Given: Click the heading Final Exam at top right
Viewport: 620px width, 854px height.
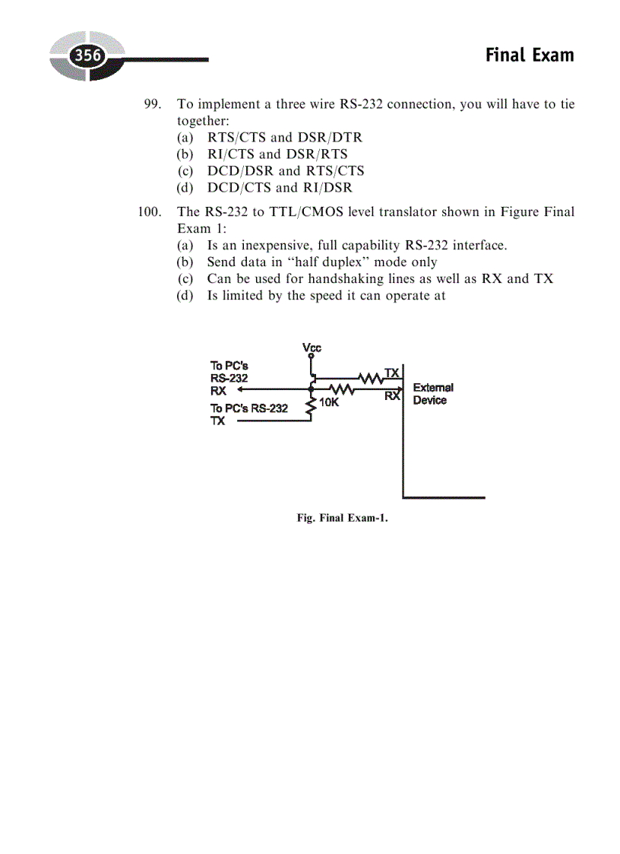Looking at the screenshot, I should coord(529,56).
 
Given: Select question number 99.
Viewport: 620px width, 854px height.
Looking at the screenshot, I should coord(152,104).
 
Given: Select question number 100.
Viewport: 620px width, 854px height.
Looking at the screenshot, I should coord(149,211).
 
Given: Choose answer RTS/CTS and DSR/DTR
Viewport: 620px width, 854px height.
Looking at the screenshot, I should coord(284,138).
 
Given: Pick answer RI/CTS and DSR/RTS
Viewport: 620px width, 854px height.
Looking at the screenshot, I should coord(277,154).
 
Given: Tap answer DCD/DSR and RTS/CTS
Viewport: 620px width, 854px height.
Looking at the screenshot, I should coord(285,171).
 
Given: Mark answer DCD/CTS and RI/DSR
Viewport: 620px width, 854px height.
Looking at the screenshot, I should coord(279,188).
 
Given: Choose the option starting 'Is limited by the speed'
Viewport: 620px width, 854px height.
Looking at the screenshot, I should coord(325,296).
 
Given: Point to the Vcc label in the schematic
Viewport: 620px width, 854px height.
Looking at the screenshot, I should coord(312,348).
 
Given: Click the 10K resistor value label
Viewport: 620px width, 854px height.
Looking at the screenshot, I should coord(328,403).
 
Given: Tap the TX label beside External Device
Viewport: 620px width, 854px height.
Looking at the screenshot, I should coord(392,373).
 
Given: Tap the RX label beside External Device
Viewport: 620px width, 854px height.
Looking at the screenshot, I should coord(392,396).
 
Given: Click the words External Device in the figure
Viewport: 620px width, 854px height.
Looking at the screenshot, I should coord(432,394).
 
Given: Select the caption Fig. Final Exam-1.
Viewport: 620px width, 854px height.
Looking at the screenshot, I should coord(343,519).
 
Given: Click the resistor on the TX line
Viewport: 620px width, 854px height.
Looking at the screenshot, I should coord(371,376).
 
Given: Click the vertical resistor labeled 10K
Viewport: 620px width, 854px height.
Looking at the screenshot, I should coord(311,406).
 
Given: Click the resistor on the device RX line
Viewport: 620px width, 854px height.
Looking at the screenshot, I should coord(341,389).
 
